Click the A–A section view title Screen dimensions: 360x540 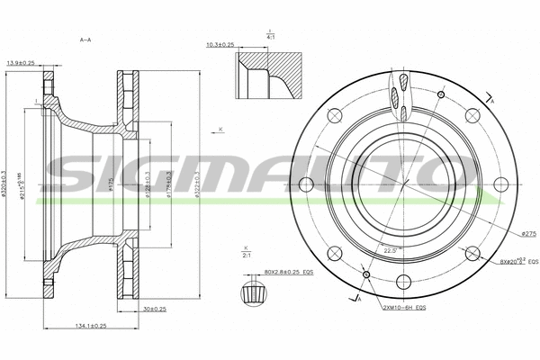[x=85, y=40]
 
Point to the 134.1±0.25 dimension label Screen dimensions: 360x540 [x=89, y=326]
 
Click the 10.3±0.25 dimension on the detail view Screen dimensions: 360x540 [x=220, y=44]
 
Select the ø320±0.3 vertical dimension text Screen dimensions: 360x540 [x=7, y=185]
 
